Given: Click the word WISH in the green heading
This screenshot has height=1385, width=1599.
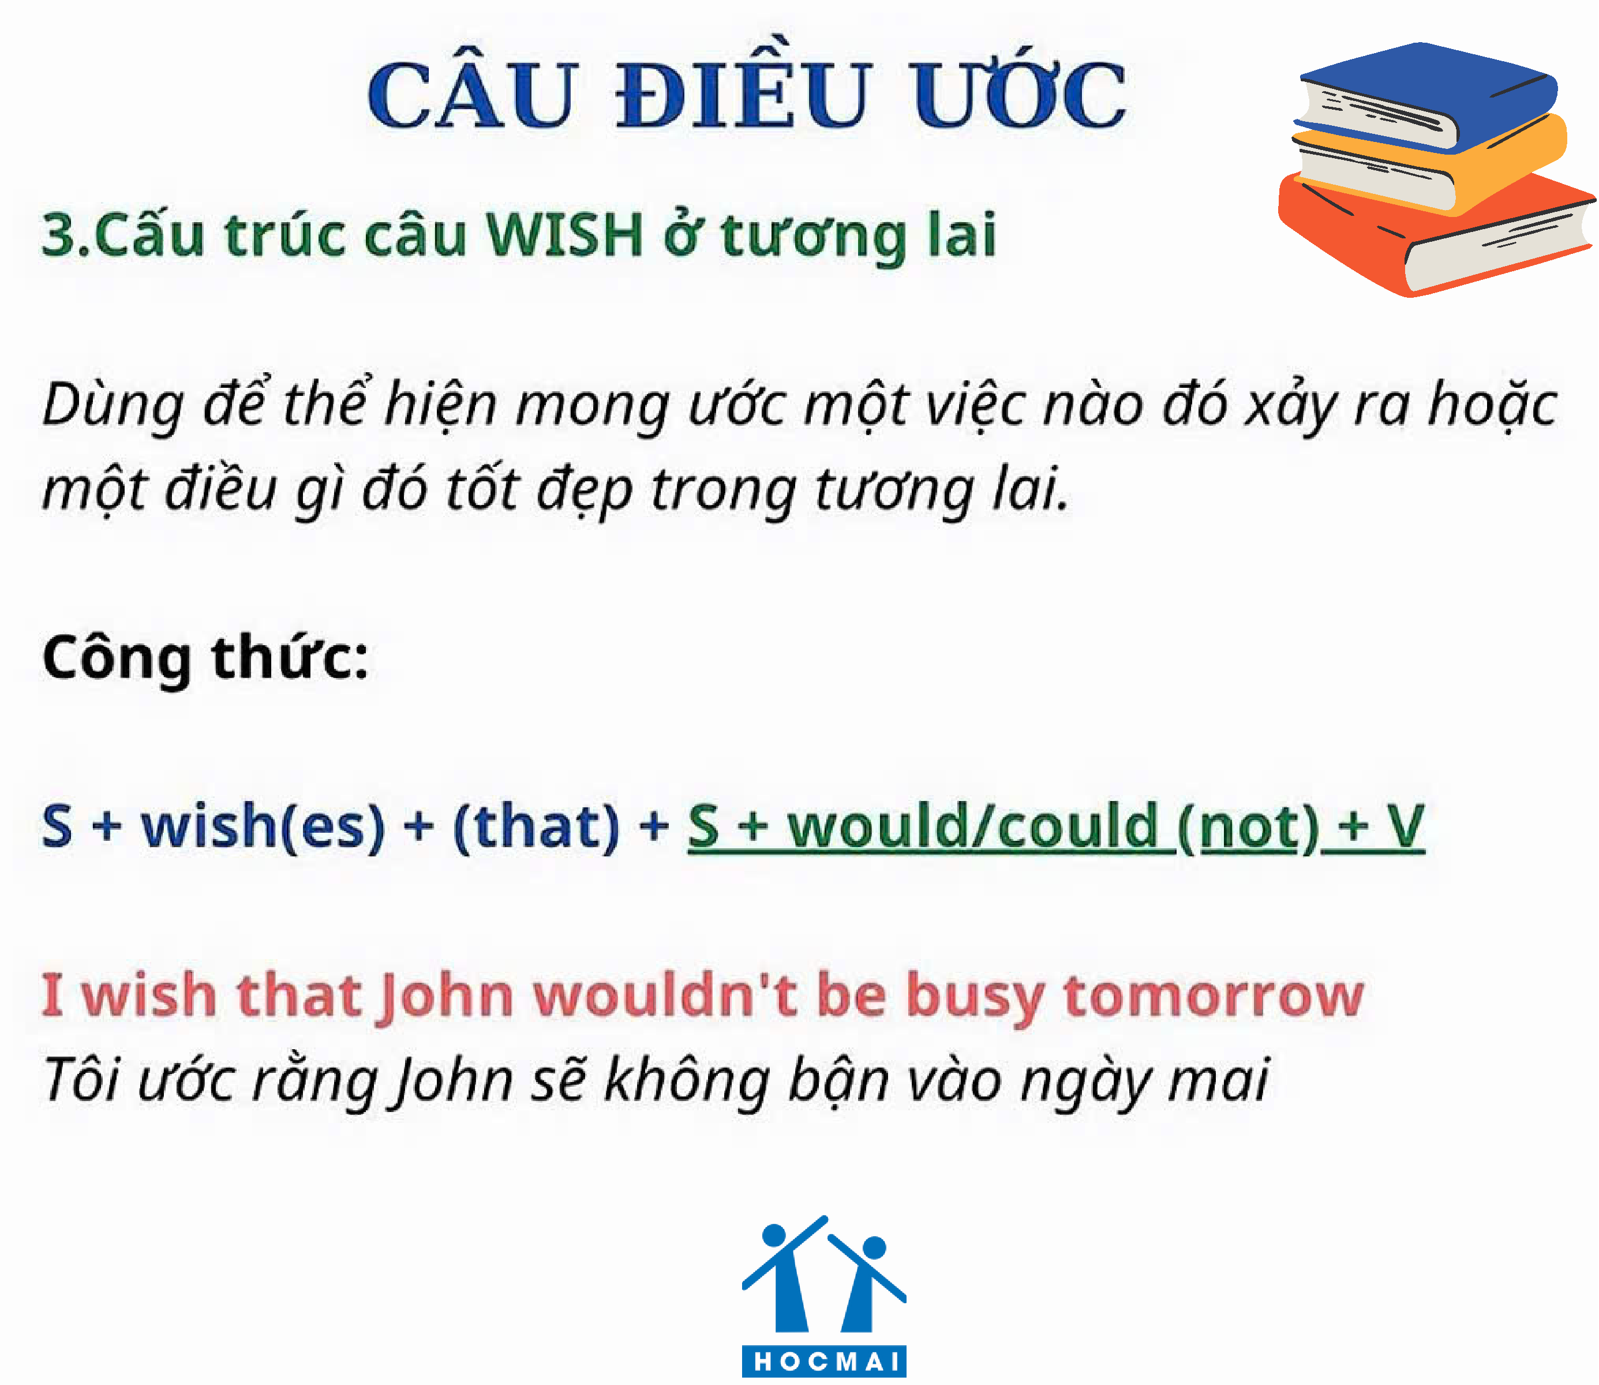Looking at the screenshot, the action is click(x=564, y=235).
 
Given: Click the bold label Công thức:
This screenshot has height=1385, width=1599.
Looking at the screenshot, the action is click(x=205, y=659).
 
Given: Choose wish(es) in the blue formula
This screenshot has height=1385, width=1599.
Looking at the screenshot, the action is click(x=263, y=827).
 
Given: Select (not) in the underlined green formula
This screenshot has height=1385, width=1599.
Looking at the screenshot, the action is click(x=1248, y=828).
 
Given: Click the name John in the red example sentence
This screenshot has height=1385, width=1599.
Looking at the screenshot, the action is click(x=446, y=996).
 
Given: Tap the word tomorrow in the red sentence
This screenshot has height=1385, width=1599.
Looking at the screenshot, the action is click(x=1214, y=996).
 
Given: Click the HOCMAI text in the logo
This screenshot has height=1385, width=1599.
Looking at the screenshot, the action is click(x=824, y=1361).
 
